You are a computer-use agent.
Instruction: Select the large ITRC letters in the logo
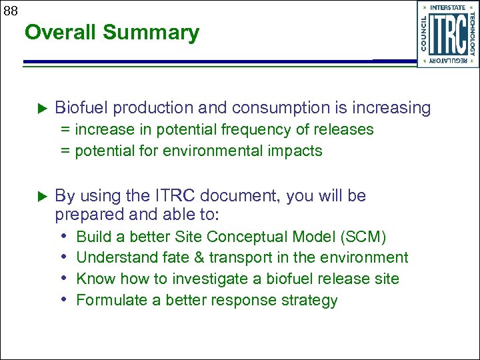[x=447, y=35]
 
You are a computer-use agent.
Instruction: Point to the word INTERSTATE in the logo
[x=448, y=7]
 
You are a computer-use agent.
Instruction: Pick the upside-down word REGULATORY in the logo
[x=448, y=61]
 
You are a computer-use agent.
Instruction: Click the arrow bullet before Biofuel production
[x=39, y=107]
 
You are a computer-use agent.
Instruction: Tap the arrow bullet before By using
[x=39, y=196]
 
